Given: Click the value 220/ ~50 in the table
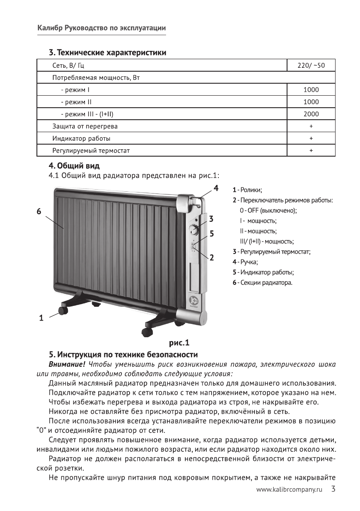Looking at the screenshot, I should (311, 66).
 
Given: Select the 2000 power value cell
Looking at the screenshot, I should (311, 115).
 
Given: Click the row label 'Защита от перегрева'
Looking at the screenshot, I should (85, 127).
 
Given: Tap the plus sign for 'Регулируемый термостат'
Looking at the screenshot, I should (311, 151).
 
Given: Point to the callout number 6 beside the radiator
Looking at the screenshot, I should (39, 212).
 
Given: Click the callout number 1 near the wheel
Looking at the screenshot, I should (41, 318).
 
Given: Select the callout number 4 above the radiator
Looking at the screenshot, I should (216, 188).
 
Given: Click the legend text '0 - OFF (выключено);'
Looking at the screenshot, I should (269, 210).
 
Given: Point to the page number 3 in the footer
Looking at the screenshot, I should (333, 489).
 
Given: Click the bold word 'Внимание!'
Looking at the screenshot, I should (67, 365).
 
